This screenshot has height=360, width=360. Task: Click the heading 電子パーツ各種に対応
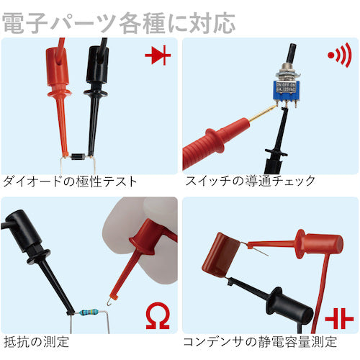click(119, 22)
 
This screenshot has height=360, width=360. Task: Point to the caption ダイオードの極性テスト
click(71, 181)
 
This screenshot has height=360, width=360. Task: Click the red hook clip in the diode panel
click(57, 94)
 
